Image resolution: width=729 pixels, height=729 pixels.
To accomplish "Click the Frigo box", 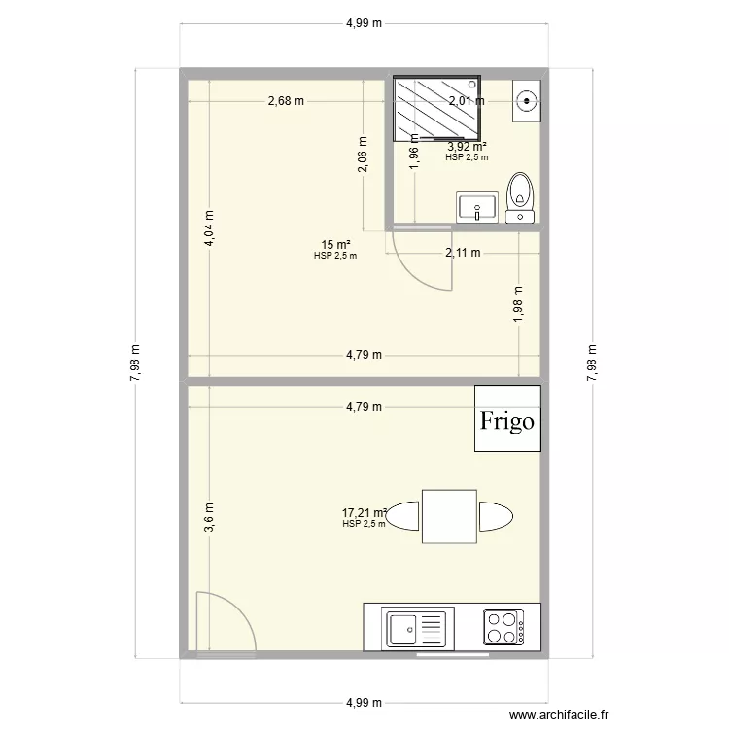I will [x=506, y=420].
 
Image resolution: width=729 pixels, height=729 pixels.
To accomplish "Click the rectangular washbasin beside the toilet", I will [x=477, y=206].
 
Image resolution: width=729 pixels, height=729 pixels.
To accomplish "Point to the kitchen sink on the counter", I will [x=417, y=627].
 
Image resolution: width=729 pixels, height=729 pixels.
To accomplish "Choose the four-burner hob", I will [x=503, y=627].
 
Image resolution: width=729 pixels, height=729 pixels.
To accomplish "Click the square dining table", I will [x=449, y=517].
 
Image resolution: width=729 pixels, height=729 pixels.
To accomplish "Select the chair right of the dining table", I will [x=493, y=517].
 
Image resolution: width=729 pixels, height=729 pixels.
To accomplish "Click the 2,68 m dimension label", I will [x=287, y=100].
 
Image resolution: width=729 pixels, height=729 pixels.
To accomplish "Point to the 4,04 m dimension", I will [x=208, y=231].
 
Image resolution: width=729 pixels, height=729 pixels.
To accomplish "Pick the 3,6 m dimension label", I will [x=208, y=518].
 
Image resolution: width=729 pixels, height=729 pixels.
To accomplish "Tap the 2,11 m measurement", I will [x=463, y=254].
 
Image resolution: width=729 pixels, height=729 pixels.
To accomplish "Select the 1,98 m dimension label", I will [x=518, y=302].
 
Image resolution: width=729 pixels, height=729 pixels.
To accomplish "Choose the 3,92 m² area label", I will [x=467, y=147].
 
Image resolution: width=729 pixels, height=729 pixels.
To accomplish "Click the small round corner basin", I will [x=526, y=98].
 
